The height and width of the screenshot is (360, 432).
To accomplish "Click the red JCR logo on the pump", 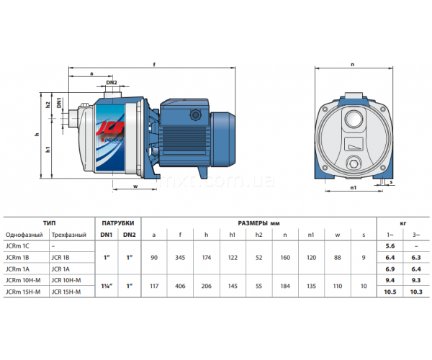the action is click(110, 128).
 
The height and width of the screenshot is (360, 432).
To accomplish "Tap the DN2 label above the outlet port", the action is click(112, 82).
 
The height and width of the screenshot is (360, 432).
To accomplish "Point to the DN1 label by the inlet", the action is click(59, 103).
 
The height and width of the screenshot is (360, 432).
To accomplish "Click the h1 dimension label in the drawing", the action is click(48, 150).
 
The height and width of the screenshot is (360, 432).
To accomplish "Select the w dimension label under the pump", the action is click(135, 186).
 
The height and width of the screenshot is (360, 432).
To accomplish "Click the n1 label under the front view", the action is click(354, 188).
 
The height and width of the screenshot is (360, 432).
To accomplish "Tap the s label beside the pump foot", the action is click(391, 182).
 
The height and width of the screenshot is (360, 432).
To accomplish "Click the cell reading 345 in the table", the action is click(180, 258).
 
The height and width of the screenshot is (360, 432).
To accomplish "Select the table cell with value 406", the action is click(180, 286).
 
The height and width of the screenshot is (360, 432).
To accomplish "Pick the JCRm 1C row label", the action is click(17, 246).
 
